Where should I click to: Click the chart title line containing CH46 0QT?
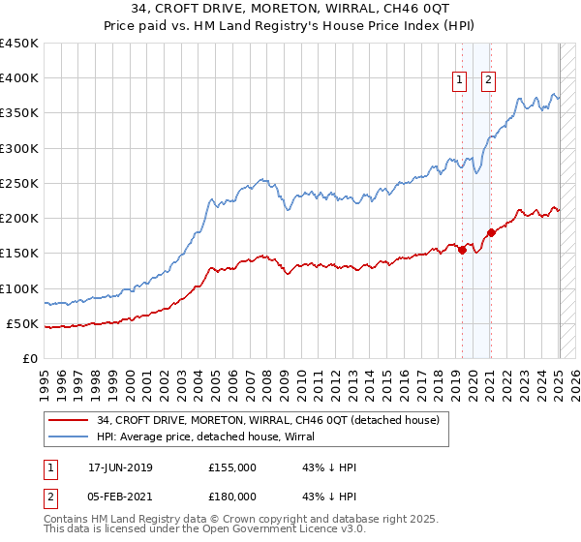click(290, 11)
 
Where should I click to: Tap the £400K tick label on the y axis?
click(18, 78)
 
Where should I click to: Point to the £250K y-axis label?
click(18, 183)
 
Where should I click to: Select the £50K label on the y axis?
click(22, 323)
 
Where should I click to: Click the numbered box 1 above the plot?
click(459, 80)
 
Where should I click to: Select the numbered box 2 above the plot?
click(488, 80)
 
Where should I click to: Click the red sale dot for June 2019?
click(462, 250)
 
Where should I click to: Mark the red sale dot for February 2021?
click(491, 232)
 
